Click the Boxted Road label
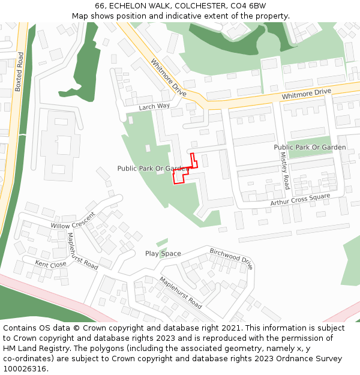coord(19,71)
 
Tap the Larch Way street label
coord(154,107)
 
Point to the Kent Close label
coord(50,264)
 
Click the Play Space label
coord(163,254)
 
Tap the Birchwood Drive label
coord(231,259)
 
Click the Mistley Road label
coord(285,170)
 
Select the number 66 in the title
coord(100,6)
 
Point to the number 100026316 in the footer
coord(24,369)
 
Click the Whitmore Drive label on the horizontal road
coord(306,94)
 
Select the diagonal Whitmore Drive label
coord(169,77)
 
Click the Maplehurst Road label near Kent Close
coord(82,251)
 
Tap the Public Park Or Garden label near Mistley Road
coord(310,147)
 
